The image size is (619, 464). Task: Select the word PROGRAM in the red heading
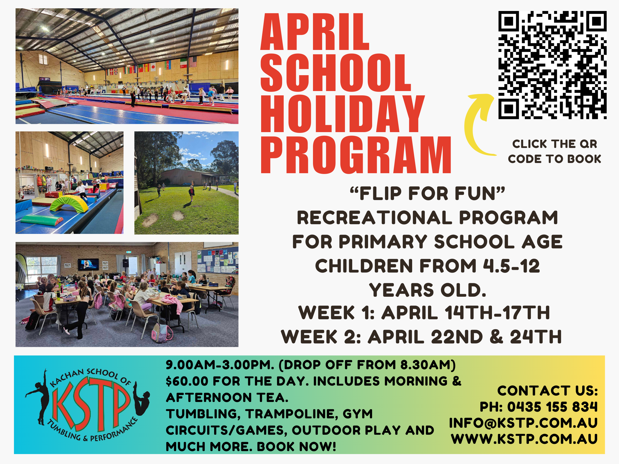pos(356,155)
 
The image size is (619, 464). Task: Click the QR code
pos(552,65)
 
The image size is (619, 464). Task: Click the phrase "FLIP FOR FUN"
pos(427,194)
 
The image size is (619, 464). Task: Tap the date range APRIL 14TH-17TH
pos(466,312)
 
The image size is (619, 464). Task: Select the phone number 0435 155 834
pos(552,407)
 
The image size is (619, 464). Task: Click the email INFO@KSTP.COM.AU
pos(523,423)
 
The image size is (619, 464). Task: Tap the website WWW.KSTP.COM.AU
pos(524,439)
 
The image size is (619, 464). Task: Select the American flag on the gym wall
pos(193,61)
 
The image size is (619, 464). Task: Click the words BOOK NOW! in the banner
pos(296,446)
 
